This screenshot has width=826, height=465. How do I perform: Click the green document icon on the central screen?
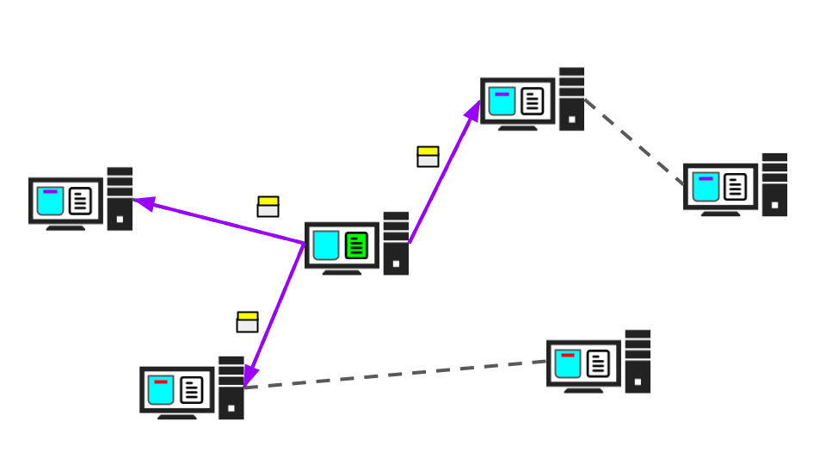[356, 245]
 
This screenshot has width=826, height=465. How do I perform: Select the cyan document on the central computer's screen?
[326, 245]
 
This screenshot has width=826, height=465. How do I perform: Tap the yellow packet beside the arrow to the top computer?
[428, 156]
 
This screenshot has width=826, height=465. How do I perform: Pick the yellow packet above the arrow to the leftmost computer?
[268, 207]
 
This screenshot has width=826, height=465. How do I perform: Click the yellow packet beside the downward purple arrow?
[247, 321]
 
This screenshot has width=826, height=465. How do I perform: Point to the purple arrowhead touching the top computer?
[474, 110]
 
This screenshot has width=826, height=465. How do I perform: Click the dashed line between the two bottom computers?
[396, 374]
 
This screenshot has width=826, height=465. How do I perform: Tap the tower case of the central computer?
[396, 244]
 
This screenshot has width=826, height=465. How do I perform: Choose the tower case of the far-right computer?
[774, 185]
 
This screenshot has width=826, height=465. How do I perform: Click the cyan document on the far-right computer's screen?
[706, 187]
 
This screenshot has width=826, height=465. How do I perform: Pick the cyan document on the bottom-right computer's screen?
[568, 363]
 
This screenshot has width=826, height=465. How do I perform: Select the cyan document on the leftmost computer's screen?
[50, 201]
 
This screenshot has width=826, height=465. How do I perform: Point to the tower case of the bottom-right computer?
[638, 362]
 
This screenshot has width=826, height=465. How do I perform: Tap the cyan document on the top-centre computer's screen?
[502, 101]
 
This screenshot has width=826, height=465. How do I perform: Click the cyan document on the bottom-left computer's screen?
[161, 390]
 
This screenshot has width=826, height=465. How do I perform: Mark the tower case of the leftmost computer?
[119, 199]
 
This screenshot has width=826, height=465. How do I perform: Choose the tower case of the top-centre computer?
[571, 99]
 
